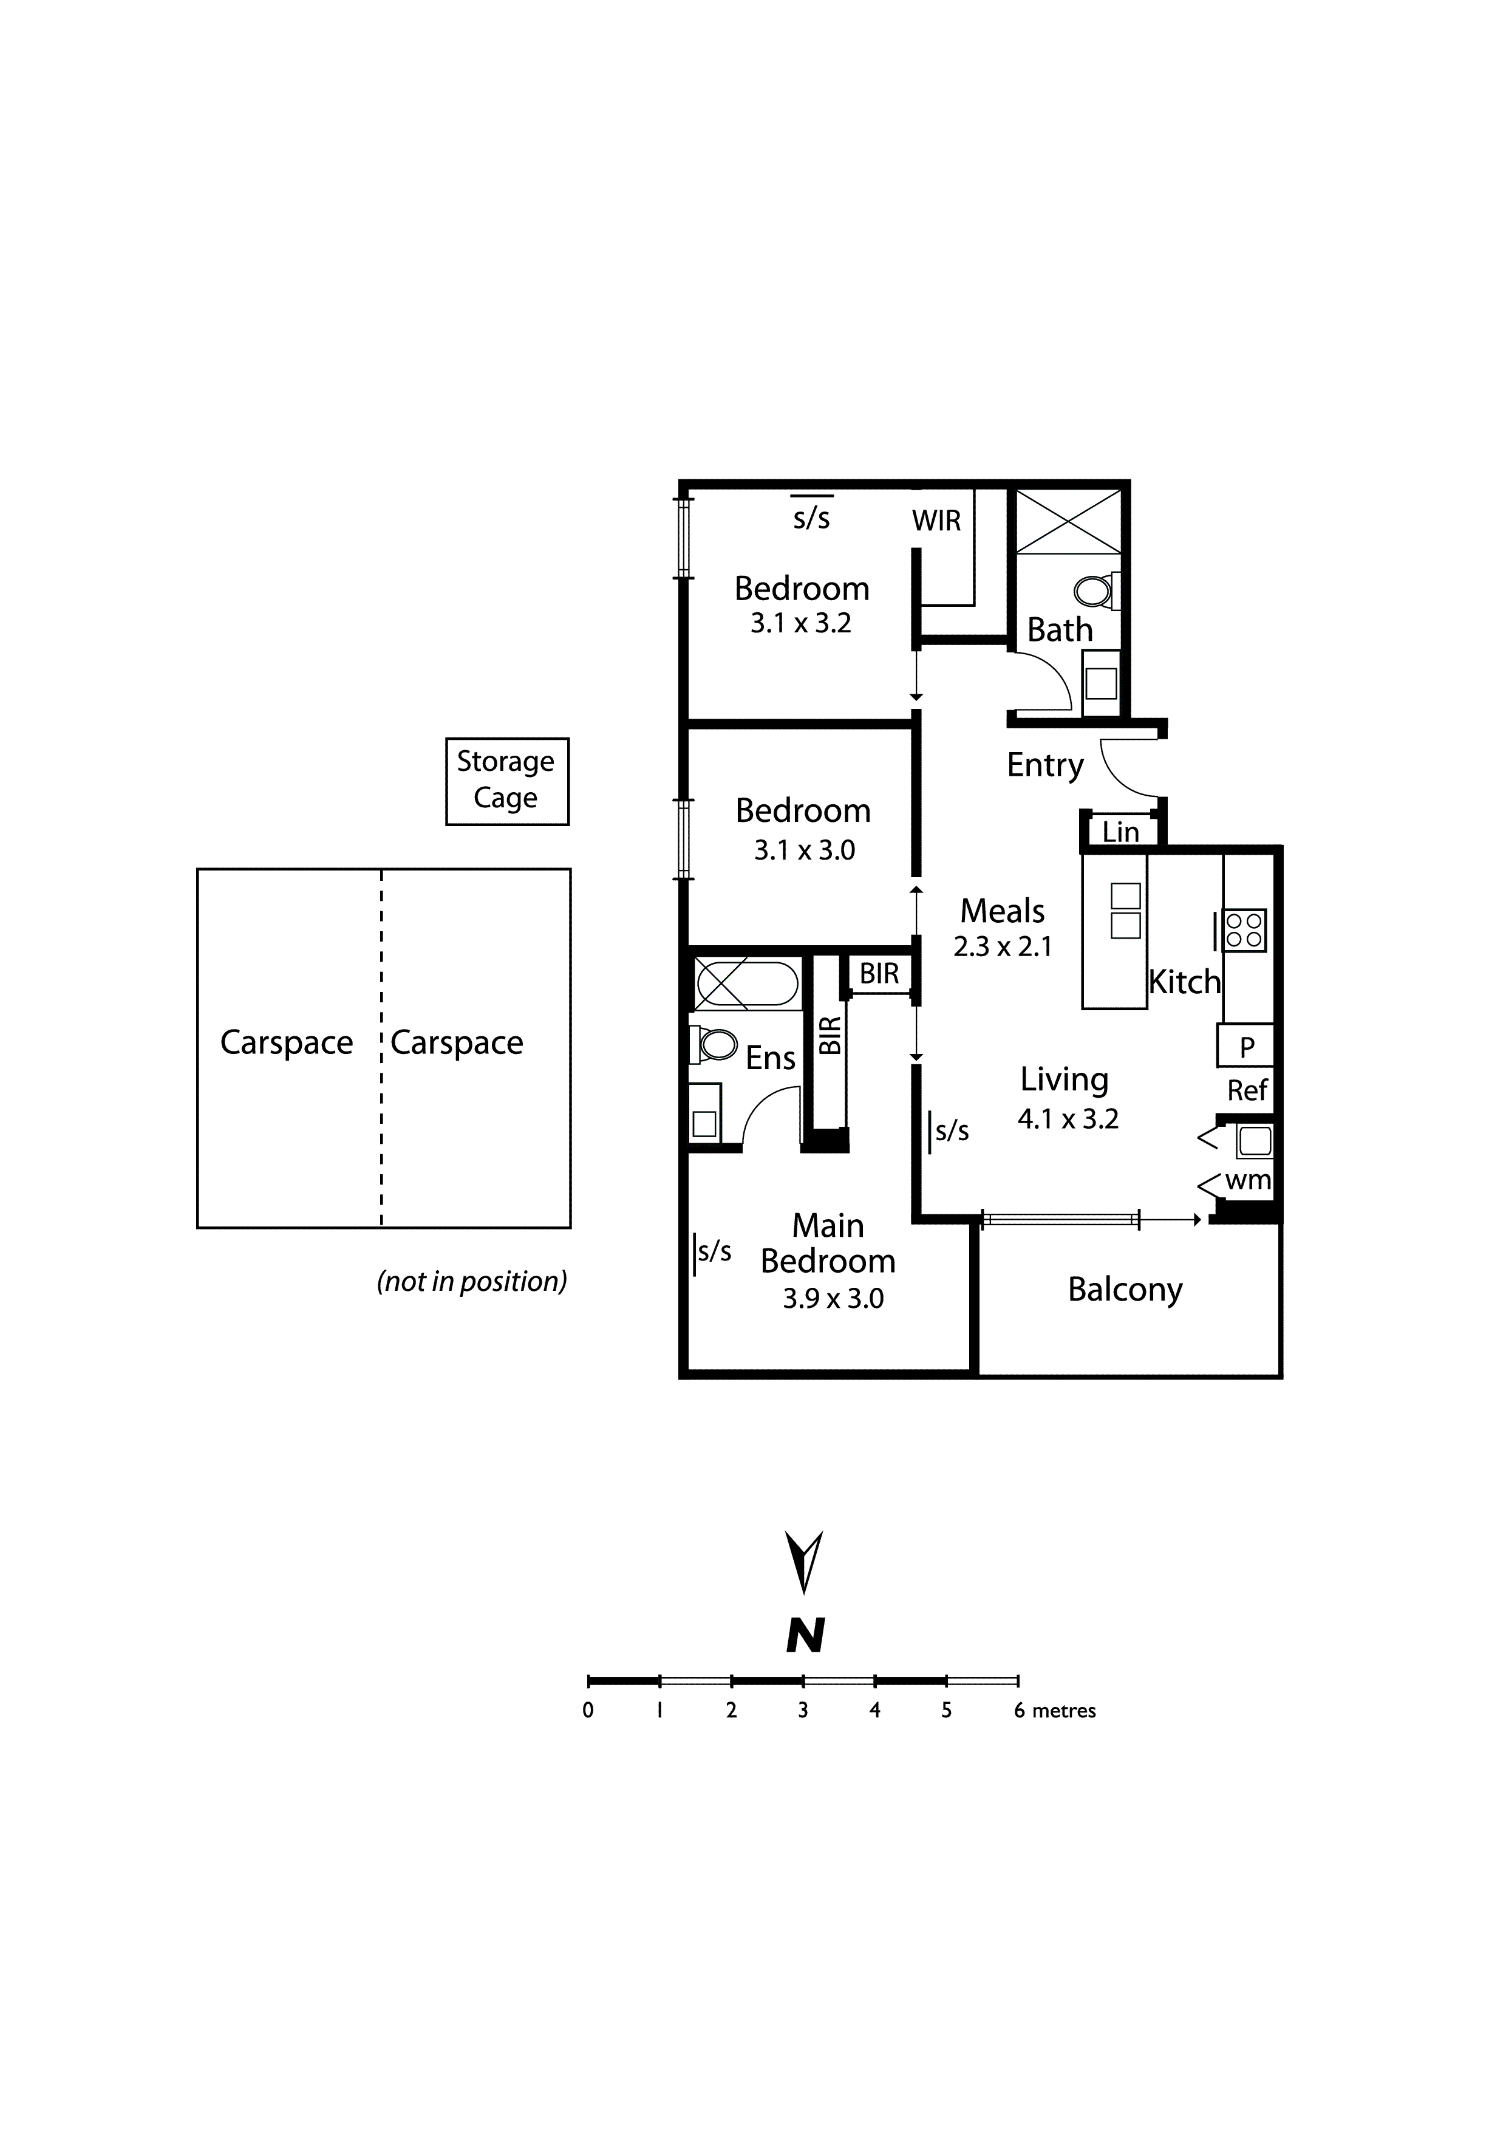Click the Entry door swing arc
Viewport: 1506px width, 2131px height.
[1118, 776]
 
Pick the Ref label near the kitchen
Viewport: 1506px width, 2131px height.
[1246, 1090]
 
